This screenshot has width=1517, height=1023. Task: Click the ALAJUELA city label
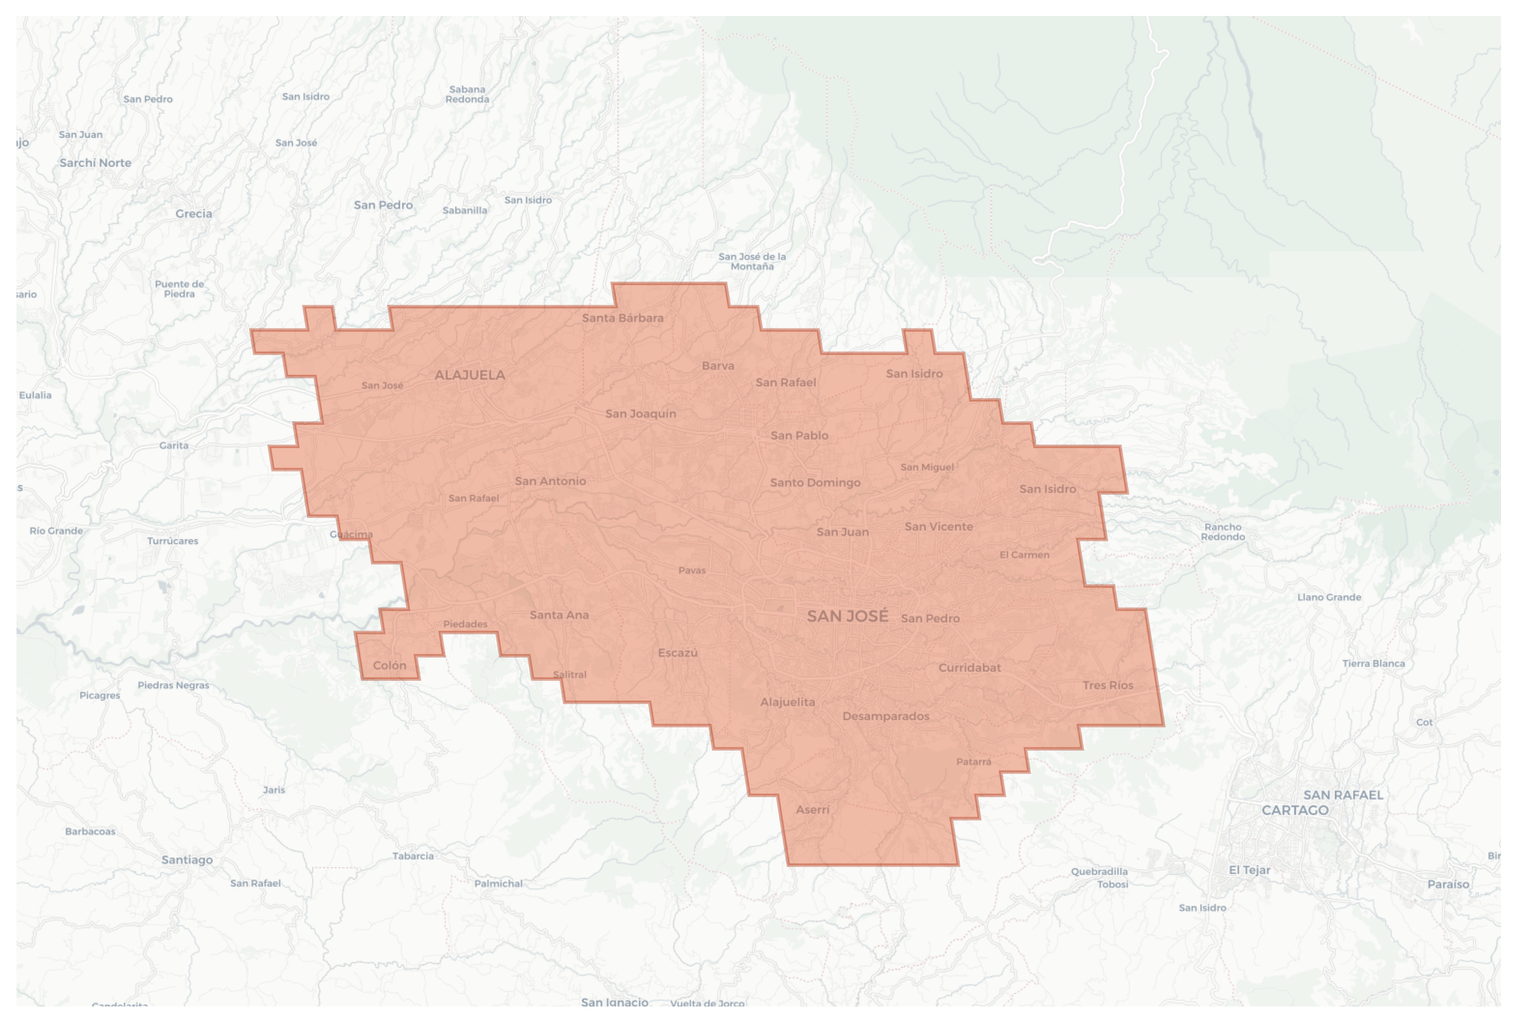tap(470, 375)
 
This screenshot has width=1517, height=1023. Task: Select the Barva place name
tap(718, 366)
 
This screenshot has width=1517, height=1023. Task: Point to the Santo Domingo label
tap(815, 483)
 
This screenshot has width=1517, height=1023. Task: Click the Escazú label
tap(677, 653)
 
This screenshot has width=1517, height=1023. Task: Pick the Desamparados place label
tap(885, 716)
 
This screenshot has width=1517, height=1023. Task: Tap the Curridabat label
tap(969, 668)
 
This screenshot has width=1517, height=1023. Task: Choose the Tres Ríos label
tap(1107, 686)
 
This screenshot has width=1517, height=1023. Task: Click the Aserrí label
tap(812, 809)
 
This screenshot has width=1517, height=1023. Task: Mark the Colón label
tap(389, 666)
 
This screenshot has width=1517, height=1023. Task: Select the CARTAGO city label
tap(1294, 810)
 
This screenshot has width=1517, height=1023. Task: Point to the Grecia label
tap(194, 214)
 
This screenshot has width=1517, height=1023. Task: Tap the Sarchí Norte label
tap(95, 163)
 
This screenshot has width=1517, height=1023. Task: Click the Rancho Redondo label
tap(1222, 532)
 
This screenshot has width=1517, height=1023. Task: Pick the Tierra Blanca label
tap(1373, 664)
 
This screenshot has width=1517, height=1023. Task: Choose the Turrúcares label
tap(172, 541)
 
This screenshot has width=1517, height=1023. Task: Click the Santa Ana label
tap(559, 615)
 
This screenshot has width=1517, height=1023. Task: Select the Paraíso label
tap(1448, 885)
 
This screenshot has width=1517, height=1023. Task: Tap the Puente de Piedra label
tap(179, 289)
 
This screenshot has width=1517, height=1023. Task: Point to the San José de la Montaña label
tap(752, 261)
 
